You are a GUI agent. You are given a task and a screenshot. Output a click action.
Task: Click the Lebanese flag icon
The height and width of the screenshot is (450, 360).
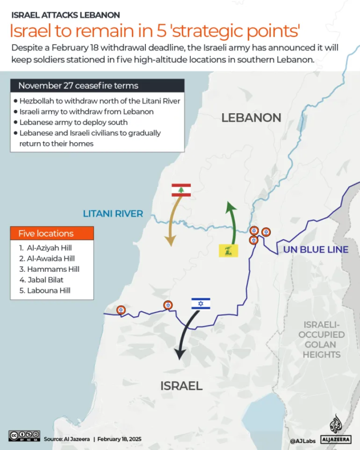[181, 190]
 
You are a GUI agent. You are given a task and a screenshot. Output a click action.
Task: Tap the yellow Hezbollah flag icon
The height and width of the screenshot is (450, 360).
[228, 251]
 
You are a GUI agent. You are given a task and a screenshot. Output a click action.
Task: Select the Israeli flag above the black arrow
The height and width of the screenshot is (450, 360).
[200, 304]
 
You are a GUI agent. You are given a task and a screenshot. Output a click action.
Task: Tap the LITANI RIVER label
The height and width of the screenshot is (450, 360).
[113, 214]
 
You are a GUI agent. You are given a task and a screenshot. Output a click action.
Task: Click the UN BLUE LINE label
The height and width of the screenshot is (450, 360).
[316, 250]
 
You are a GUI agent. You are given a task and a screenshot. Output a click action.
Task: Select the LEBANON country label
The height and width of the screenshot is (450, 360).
[251, 117]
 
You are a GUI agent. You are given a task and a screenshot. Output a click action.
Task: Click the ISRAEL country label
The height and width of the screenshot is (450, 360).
[181, 386]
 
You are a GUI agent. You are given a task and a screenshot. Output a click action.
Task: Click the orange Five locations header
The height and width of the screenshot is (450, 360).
[52, 233]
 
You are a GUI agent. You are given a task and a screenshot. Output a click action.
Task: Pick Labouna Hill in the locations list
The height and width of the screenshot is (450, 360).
[44, 290]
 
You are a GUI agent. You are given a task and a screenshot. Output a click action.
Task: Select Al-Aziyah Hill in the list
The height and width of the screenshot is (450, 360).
[45, 247]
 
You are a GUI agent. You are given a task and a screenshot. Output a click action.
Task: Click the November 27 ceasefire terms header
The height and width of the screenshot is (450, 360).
[97, 86]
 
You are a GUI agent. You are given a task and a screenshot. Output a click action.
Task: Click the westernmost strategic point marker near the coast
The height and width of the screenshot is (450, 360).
[121, 310]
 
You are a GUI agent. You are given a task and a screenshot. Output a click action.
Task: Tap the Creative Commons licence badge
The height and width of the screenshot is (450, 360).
[24, 436]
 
